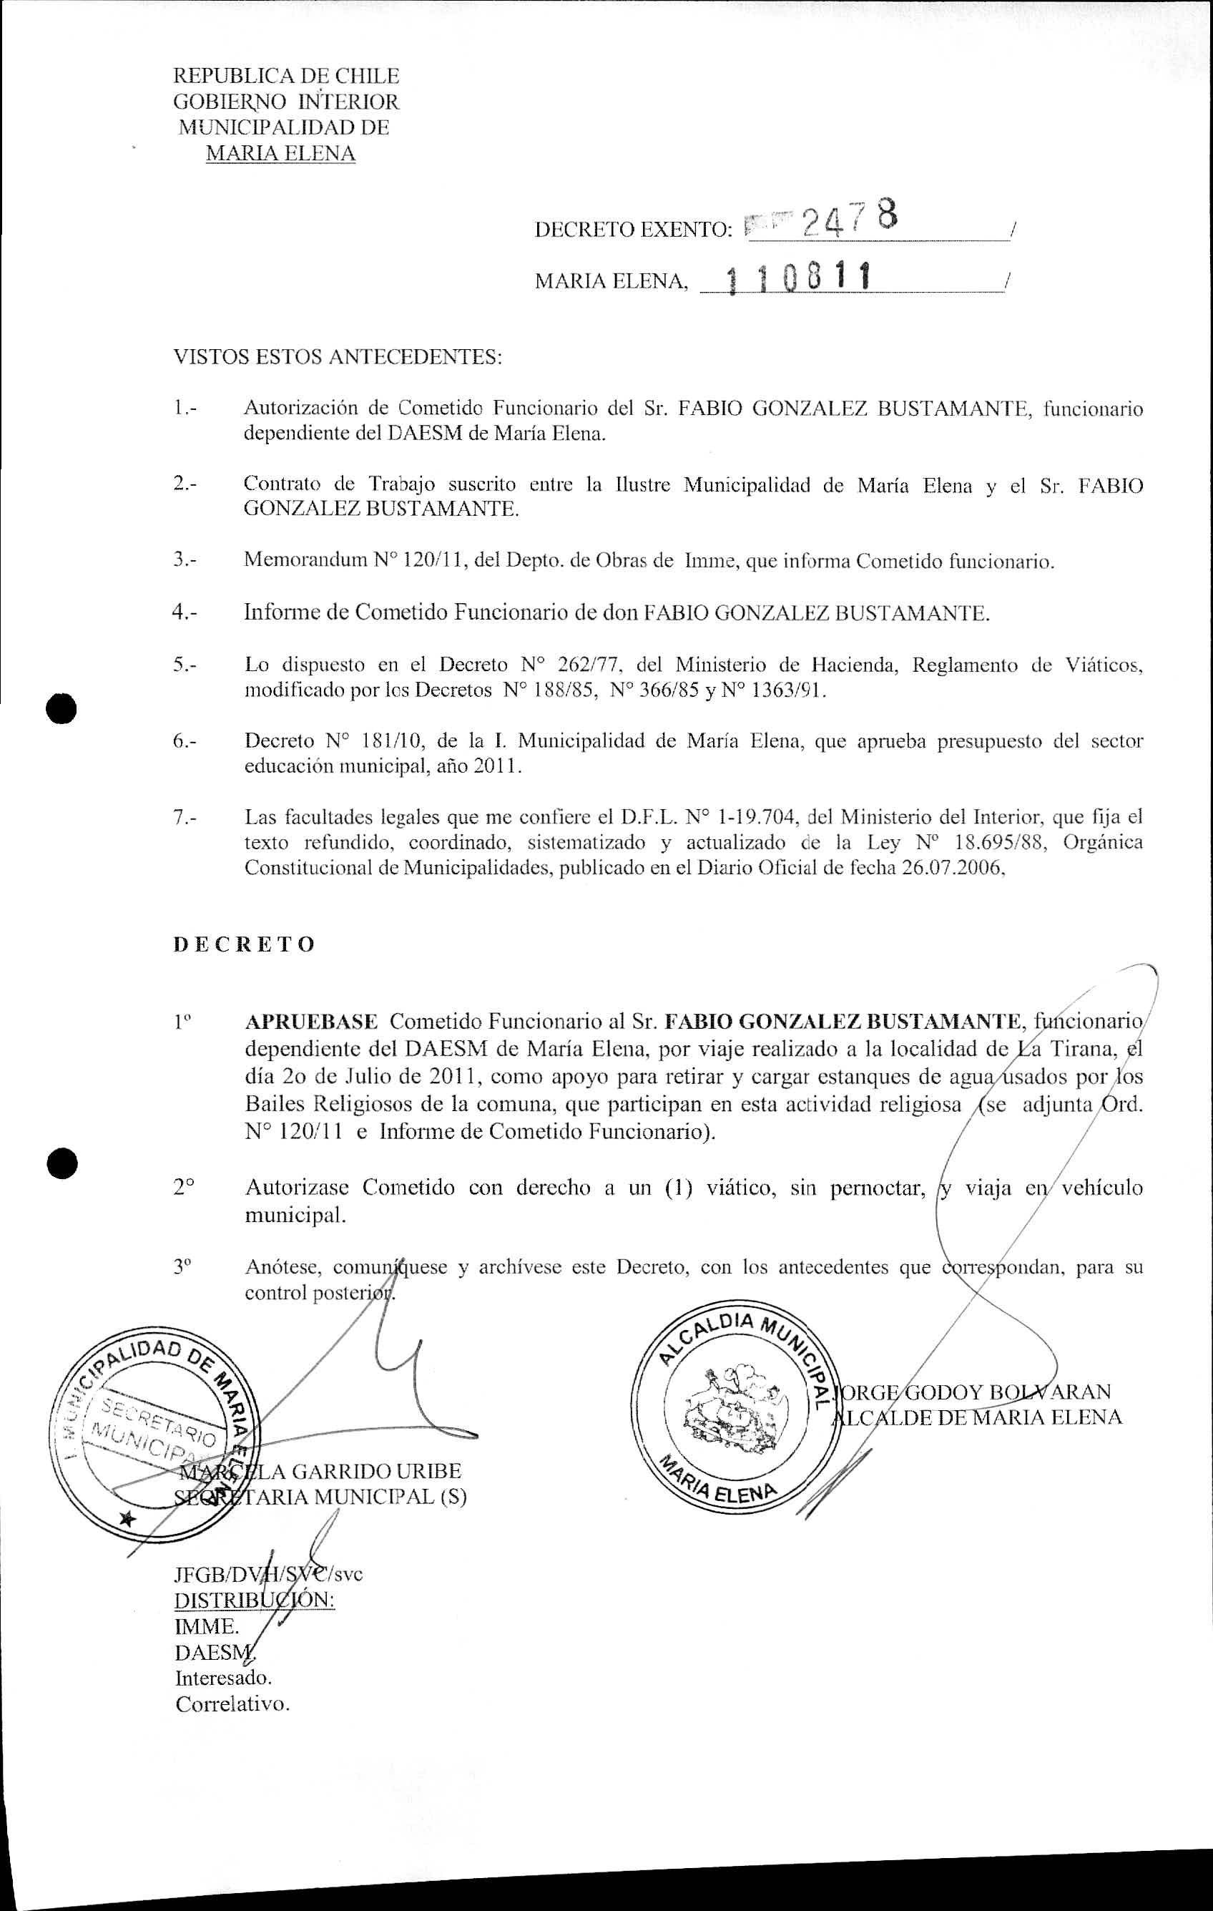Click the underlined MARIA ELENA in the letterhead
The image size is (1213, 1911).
[x=280, y=153]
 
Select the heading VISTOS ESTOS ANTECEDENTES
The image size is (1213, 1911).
[x=338, y=357]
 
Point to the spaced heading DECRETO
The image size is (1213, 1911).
[x=245, y=944]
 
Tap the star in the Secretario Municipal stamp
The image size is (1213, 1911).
[x=127, y=1518]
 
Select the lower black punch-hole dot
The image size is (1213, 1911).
[x=60, y=1163]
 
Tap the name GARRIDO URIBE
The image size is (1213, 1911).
[x=376, y=1470]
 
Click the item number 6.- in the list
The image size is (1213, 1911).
[x=185, y=741]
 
